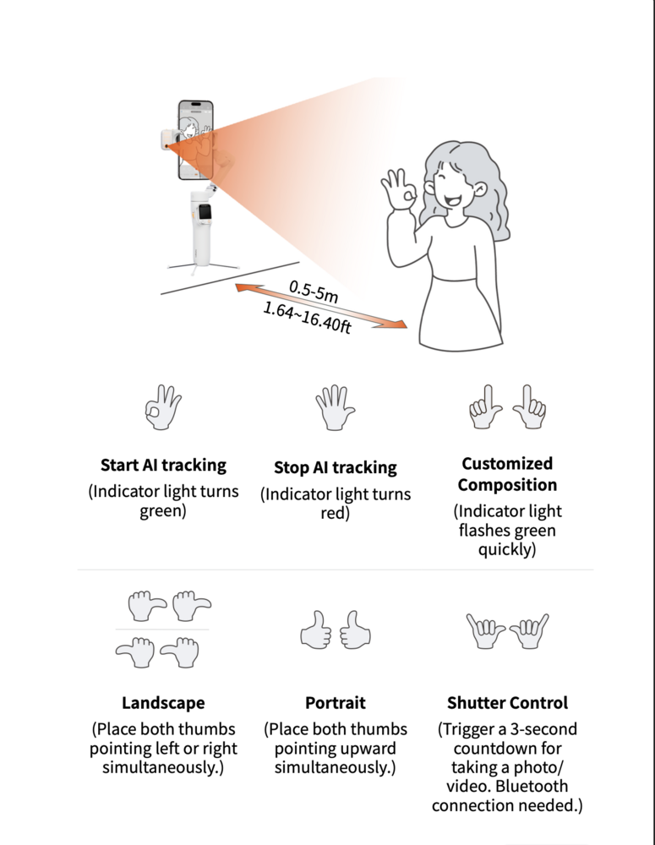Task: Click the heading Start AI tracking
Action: point(163,465)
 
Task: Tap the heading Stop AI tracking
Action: point(335,467)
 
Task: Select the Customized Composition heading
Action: point(507,474)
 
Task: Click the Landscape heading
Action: point(163,702)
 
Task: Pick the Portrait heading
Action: point(335,702)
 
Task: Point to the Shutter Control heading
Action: point(507,702)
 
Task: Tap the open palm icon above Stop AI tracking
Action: point(335,409)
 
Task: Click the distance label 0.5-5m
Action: point(314,292)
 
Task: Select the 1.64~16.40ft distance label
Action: point(307,319)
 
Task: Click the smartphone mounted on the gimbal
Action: point(195,140)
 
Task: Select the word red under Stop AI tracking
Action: point(336,513)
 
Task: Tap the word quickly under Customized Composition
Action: point(507,549)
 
